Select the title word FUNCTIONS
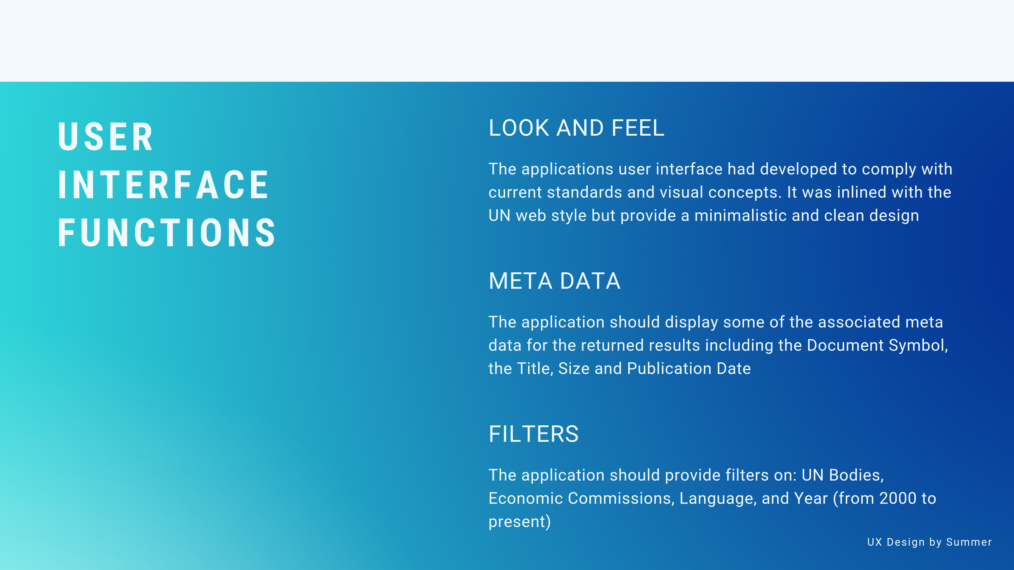tap(167, 232)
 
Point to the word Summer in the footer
tap(969, 542)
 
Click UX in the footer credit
tap(875, 542)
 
